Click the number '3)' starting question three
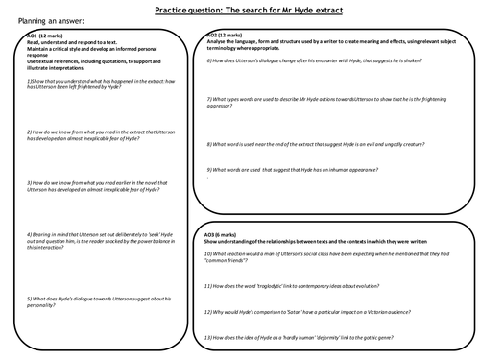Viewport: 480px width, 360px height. coord(30,180)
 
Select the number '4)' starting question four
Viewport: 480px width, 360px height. coord(30,231)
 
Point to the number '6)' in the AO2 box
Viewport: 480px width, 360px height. coord(209,60)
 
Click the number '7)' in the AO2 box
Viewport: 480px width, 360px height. coord(209,99)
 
